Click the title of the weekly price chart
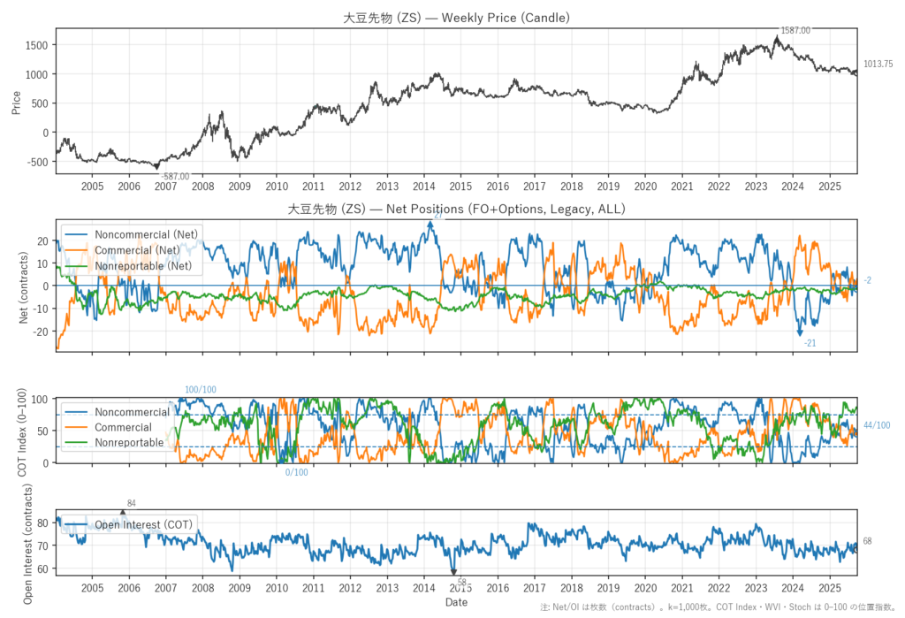pyautogui.click(x=456, y=18)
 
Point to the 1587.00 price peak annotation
pyautogui.click(x=795, y=30)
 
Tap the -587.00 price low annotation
pyautogui.click(x=174, y=177)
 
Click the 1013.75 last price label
pyautogui.click(x=878, y=64)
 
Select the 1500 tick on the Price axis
pyautogui.click(x=40, y=45)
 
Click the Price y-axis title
pyautogui.click(x=16, y=104)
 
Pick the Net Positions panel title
pyautogui.click(x=456, y=210)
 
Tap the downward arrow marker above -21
pyautogui.click(x=800, y=331)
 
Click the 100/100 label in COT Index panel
pyautogui.click(x=200, y=390)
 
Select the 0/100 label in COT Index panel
pyautogui.click(x=296, y=472)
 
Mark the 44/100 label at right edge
pyautogui.click(x=877, y=426)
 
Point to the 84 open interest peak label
pyautogui.click(x=132, y=504)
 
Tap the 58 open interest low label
pyautogui.click(x=461, y=582)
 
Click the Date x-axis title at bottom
pyautogui.click(x=456, y=603)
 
